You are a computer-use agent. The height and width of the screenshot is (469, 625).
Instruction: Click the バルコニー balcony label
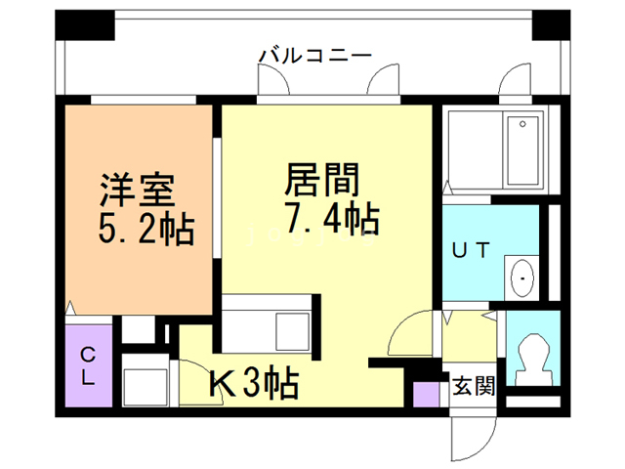[x=314, y=56]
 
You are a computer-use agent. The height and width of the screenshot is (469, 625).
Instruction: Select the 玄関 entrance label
[x=474, y=385]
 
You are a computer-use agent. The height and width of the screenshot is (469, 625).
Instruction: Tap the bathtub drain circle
[x=522, y=124]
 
